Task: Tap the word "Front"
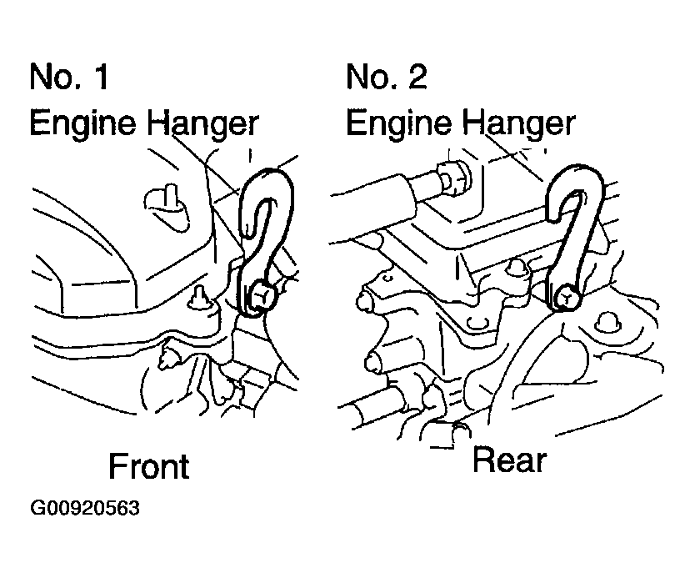tap(149, 466)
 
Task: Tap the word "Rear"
tap(509, 460)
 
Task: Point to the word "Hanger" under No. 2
tap(517, 123)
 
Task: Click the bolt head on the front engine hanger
tap(258, 295)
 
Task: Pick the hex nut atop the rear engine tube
tap(455, 178)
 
